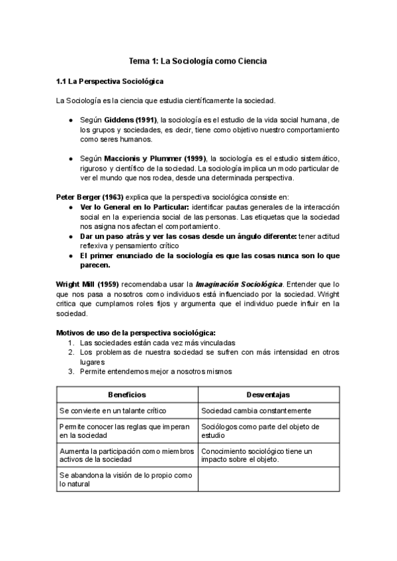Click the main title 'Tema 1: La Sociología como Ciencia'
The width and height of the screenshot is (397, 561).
(198, 61)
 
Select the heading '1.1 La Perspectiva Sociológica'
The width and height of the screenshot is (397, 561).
(109, 81)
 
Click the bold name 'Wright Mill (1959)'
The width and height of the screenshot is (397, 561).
(87, 284)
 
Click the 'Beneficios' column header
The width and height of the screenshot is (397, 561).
(127, 394)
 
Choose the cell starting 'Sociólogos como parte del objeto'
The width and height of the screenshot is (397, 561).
(260, 431)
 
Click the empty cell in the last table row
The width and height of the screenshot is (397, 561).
(268, 480)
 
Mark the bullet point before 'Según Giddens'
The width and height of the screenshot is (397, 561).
(71, 120)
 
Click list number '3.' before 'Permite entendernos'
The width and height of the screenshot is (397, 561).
(71, 371)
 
